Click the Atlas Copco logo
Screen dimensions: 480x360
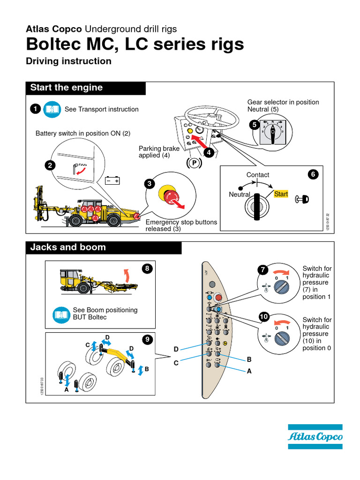315,436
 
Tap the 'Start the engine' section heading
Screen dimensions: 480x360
67,88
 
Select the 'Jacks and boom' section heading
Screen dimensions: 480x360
68,247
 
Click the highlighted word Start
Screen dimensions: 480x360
281,194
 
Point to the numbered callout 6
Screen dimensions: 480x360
313,174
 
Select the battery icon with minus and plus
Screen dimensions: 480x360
113,180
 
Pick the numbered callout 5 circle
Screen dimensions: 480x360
254,125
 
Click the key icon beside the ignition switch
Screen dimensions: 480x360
302,200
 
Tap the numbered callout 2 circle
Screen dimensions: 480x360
49,165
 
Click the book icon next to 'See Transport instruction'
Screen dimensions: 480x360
52,109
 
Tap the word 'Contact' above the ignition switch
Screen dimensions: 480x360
258,175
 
